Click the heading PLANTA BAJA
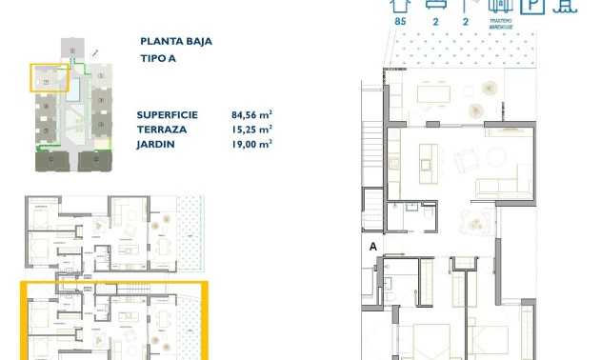175,42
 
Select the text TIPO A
157,58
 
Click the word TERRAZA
161,129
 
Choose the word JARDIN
156,144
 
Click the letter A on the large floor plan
374,246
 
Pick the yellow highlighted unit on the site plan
49,83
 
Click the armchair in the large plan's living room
468,163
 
